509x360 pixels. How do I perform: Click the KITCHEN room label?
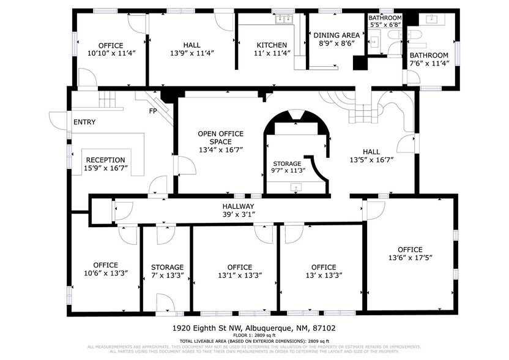coord(272,45)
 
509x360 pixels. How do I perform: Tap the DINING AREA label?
coord(336,35)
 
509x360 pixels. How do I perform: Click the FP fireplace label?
coord(154,111)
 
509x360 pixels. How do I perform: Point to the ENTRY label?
coord(84,122)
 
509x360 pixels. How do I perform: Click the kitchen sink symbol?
coord(284,20)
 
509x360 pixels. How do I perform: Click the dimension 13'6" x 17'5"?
coord(410,258)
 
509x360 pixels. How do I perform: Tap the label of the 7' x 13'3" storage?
coord(167,268)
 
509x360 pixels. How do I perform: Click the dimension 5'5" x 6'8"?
coord(385,25)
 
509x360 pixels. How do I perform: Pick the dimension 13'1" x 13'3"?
coord(239,276)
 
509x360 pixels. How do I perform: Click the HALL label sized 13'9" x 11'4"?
coord(191,45)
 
